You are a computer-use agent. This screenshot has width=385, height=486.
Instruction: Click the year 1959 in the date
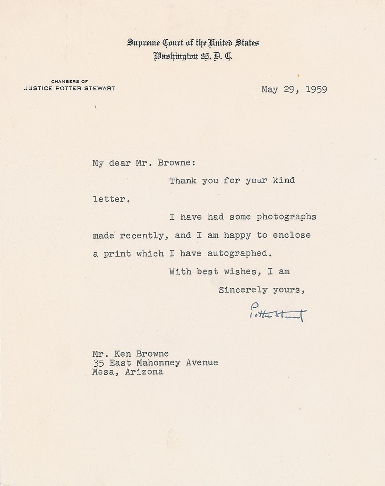316,90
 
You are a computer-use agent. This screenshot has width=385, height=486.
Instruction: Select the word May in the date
270,90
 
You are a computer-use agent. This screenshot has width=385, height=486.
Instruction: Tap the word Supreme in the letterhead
144,43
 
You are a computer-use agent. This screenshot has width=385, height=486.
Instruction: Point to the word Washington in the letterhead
176,56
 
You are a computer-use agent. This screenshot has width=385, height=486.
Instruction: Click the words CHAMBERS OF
69,81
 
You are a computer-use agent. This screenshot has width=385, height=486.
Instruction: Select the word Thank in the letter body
182,180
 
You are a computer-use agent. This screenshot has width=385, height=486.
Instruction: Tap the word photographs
286,217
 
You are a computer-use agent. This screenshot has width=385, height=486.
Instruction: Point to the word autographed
239,254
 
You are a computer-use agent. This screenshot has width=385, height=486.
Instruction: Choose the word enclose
292,235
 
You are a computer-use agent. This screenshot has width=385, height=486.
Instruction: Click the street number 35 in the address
98,363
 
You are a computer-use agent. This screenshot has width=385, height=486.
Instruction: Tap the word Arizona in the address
144,372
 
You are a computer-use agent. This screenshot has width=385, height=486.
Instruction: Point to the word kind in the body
284,180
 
